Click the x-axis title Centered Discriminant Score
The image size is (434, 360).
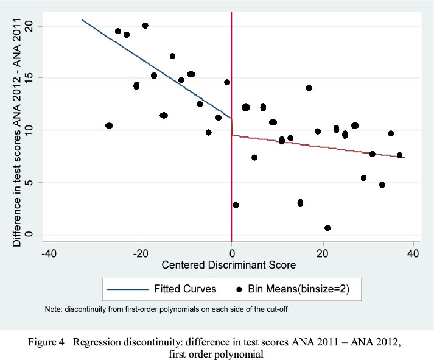[228, 265]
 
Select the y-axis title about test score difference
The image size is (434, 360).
[17, 131]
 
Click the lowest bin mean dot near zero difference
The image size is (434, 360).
[327, 228]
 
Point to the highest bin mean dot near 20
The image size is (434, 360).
[145, 26]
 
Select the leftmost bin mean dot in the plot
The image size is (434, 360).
[109, 125]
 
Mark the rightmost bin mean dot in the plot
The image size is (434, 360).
[399, 155]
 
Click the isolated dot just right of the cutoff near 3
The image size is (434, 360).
[236, 205]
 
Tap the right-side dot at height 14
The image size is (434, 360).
[309, 88]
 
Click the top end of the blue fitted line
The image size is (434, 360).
[83, 20]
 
